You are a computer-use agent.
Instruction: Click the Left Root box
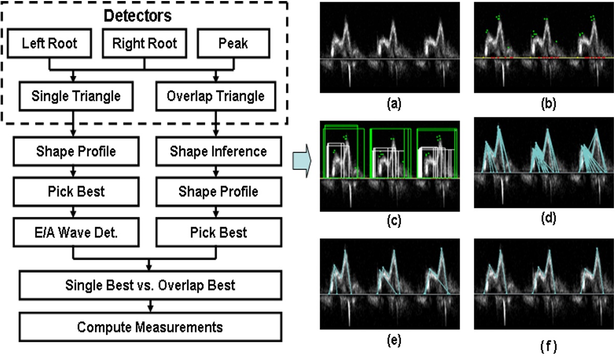(49, 43)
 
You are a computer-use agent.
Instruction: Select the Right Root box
(144, 43)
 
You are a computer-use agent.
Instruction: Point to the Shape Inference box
(218, 151)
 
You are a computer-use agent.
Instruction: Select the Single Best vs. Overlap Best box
(150, 285)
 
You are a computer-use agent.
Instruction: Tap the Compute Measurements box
(150, 327)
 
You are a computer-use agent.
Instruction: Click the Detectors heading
(138, 16)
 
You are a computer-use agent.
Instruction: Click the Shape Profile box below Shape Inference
(218, 191)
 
